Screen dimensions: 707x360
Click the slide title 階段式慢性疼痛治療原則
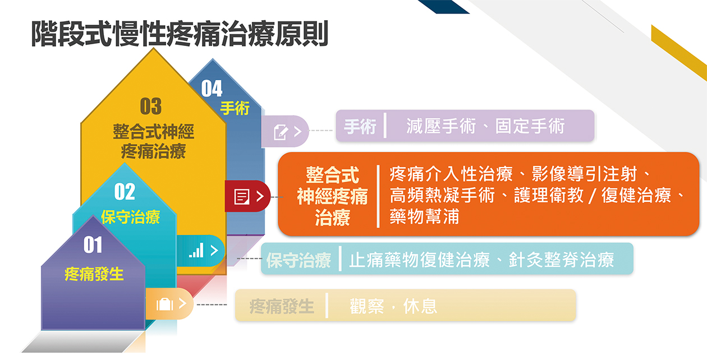click(180, 34)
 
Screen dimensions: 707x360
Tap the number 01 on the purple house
click(93, 245)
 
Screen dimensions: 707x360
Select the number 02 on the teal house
click(125, 192)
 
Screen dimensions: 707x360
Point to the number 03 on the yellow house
click(151, 106)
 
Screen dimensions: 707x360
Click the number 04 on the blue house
click(212, 89)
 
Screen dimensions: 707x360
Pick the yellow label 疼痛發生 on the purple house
click(94, 274)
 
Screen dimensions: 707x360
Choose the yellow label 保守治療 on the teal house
click(131, 217)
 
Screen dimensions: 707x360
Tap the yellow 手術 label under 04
click(235, 109)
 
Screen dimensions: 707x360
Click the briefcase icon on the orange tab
click(165, 304)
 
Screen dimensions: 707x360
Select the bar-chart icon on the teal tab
click(196, 251)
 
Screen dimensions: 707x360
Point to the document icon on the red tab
click(242, 197)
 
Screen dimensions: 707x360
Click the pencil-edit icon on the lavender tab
click(281, 132)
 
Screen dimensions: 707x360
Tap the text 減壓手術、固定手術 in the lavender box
click(485, 126)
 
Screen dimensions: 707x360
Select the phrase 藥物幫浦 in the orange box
click(424, 216)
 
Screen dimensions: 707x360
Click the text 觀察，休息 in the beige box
click(393, 306)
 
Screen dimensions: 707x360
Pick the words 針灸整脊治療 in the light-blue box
click(562, 260)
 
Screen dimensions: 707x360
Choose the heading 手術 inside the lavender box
click(360, 127)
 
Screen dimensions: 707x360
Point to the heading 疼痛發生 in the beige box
click(282, 306)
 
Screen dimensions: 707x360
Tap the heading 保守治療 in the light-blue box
click(299, 260)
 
